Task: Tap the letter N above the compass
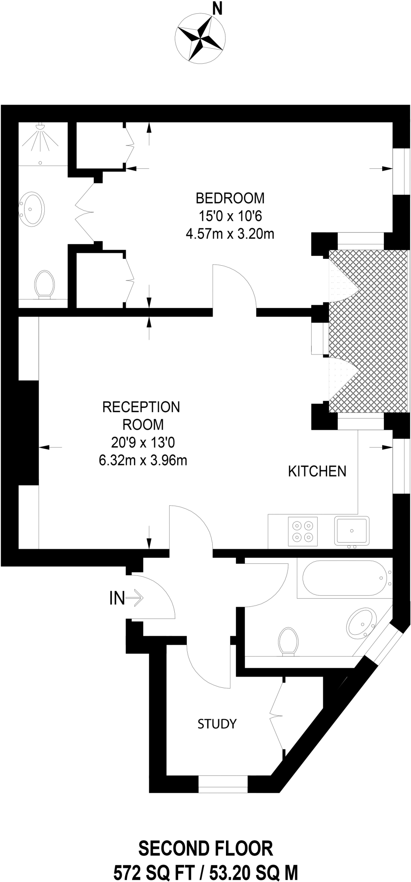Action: tap(218, 8)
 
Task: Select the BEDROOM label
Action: tap(230, 198)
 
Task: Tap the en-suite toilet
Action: tap(45, 284)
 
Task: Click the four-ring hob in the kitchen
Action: tap(302, 531)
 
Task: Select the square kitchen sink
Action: tap(352, 531)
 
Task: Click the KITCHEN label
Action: tap(317, 471)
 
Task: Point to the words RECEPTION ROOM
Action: tap(142, 416)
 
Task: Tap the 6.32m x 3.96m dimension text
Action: tap(143, 460)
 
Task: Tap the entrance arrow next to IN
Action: tap(134, 598)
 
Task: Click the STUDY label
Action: tap(217, 724)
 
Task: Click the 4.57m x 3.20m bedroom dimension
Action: tap(230, 234)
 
